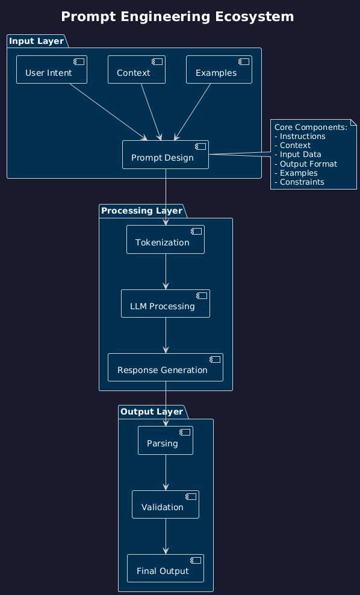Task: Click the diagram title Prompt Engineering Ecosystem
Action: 178,17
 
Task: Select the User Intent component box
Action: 52,70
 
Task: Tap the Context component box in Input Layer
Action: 136,70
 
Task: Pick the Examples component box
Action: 219,70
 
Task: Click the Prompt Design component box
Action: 165,155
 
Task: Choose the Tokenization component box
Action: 166,240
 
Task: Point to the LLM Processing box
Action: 166,304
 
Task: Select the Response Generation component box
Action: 166,368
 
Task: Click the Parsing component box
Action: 166,441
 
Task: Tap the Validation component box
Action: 166,505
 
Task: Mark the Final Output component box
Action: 166,569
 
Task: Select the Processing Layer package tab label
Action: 141,211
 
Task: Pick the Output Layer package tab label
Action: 151,412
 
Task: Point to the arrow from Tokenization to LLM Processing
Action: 166,272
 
